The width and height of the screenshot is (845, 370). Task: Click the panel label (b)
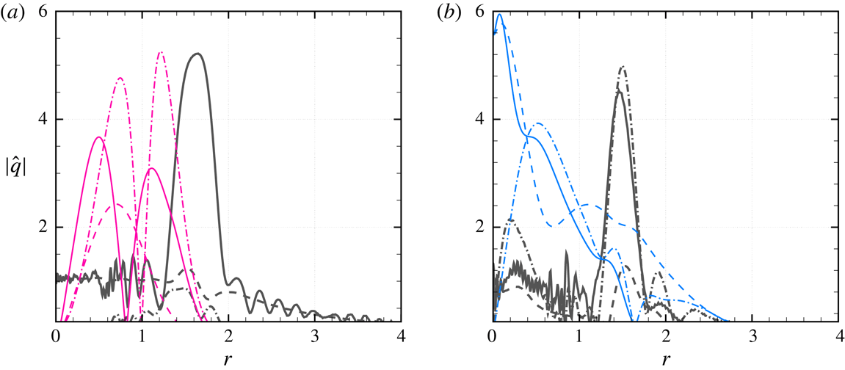pyautogui.click(x=449, y=12)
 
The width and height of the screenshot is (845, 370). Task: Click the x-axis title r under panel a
pyautogui.click(x=228, y=359)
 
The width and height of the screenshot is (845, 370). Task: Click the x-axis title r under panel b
pyautogui.click(x=665, y=359)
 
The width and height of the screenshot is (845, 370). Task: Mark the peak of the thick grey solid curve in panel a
pyautogui.click(x=196, y=54)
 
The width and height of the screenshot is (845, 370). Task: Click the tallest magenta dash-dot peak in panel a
pyautogui.click(x=161, y=52)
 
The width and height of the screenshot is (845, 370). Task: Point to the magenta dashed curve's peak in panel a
pyautogui.click(x=117, y=204)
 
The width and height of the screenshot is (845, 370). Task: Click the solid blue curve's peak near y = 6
pyautogui.click(x=499, y=14)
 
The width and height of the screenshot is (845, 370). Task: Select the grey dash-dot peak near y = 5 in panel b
pyautogui.click(x=623, y=67)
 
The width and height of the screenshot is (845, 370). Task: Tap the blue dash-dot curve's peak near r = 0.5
pyautogui.click(x=540, y=123)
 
